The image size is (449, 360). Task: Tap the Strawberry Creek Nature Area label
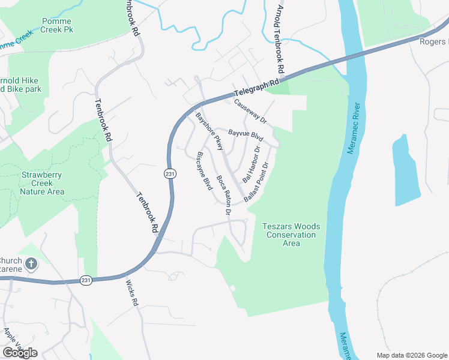coord(42,184)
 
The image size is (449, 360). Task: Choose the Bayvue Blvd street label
coord(246,134)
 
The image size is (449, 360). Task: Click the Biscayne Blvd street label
coord(205,171)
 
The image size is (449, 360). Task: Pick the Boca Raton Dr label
coord(224,194)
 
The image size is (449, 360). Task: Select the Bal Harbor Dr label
coord(252,164)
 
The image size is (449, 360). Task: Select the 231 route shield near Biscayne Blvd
coord(170,173)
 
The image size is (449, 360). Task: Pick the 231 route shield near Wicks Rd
coord(87,280)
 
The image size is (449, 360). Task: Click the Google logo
coord(20,353)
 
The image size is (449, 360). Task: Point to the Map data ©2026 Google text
coord(412,355)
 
